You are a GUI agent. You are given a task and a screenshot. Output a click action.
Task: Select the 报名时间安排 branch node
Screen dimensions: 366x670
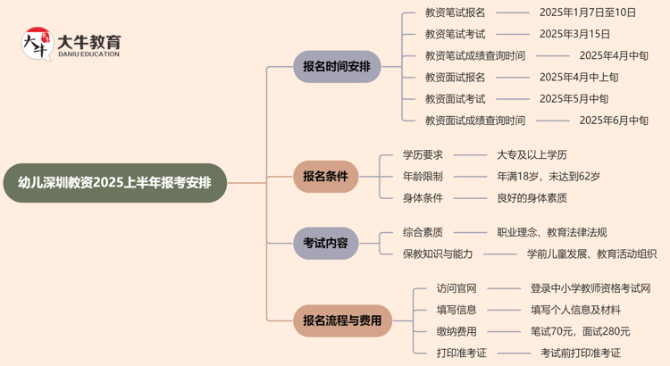(337, 67)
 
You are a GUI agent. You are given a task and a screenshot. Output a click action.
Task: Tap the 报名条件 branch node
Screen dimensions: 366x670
(325, 176)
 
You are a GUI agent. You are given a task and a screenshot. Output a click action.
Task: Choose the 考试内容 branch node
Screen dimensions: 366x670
(325, 243)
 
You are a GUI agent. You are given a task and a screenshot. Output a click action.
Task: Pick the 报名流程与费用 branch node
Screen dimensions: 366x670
(342, 320)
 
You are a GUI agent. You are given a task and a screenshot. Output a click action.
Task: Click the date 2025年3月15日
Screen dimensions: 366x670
(574, 34)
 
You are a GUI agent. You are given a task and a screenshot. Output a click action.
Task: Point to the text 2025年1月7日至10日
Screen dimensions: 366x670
(588, 12)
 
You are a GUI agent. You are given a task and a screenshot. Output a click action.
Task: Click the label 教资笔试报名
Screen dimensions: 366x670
(456, 12)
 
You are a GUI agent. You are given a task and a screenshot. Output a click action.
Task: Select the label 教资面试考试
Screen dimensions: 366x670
(456, 98)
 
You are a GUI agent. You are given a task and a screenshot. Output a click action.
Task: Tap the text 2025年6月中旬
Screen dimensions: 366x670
(614, 121)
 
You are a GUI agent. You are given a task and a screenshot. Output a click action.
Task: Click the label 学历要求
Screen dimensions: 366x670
(423, 154)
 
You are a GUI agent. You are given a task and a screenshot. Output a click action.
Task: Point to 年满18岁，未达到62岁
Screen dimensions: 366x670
(549, 176)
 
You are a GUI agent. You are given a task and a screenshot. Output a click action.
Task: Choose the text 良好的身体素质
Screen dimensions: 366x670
(532, 198)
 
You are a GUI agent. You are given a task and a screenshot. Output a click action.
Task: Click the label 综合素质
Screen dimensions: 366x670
(423, 232)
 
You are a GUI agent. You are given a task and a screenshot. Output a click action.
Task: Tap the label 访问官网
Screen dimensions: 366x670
(456, 287)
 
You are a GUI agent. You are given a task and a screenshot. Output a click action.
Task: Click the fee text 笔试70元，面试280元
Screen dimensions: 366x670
(580, 331)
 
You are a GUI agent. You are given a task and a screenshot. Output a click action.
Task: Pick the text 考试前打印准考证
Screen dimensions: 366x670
(580, 353)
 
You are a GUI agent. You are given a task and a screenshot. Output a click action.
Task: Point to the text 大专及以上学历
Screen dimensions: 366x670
(532, 154)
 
